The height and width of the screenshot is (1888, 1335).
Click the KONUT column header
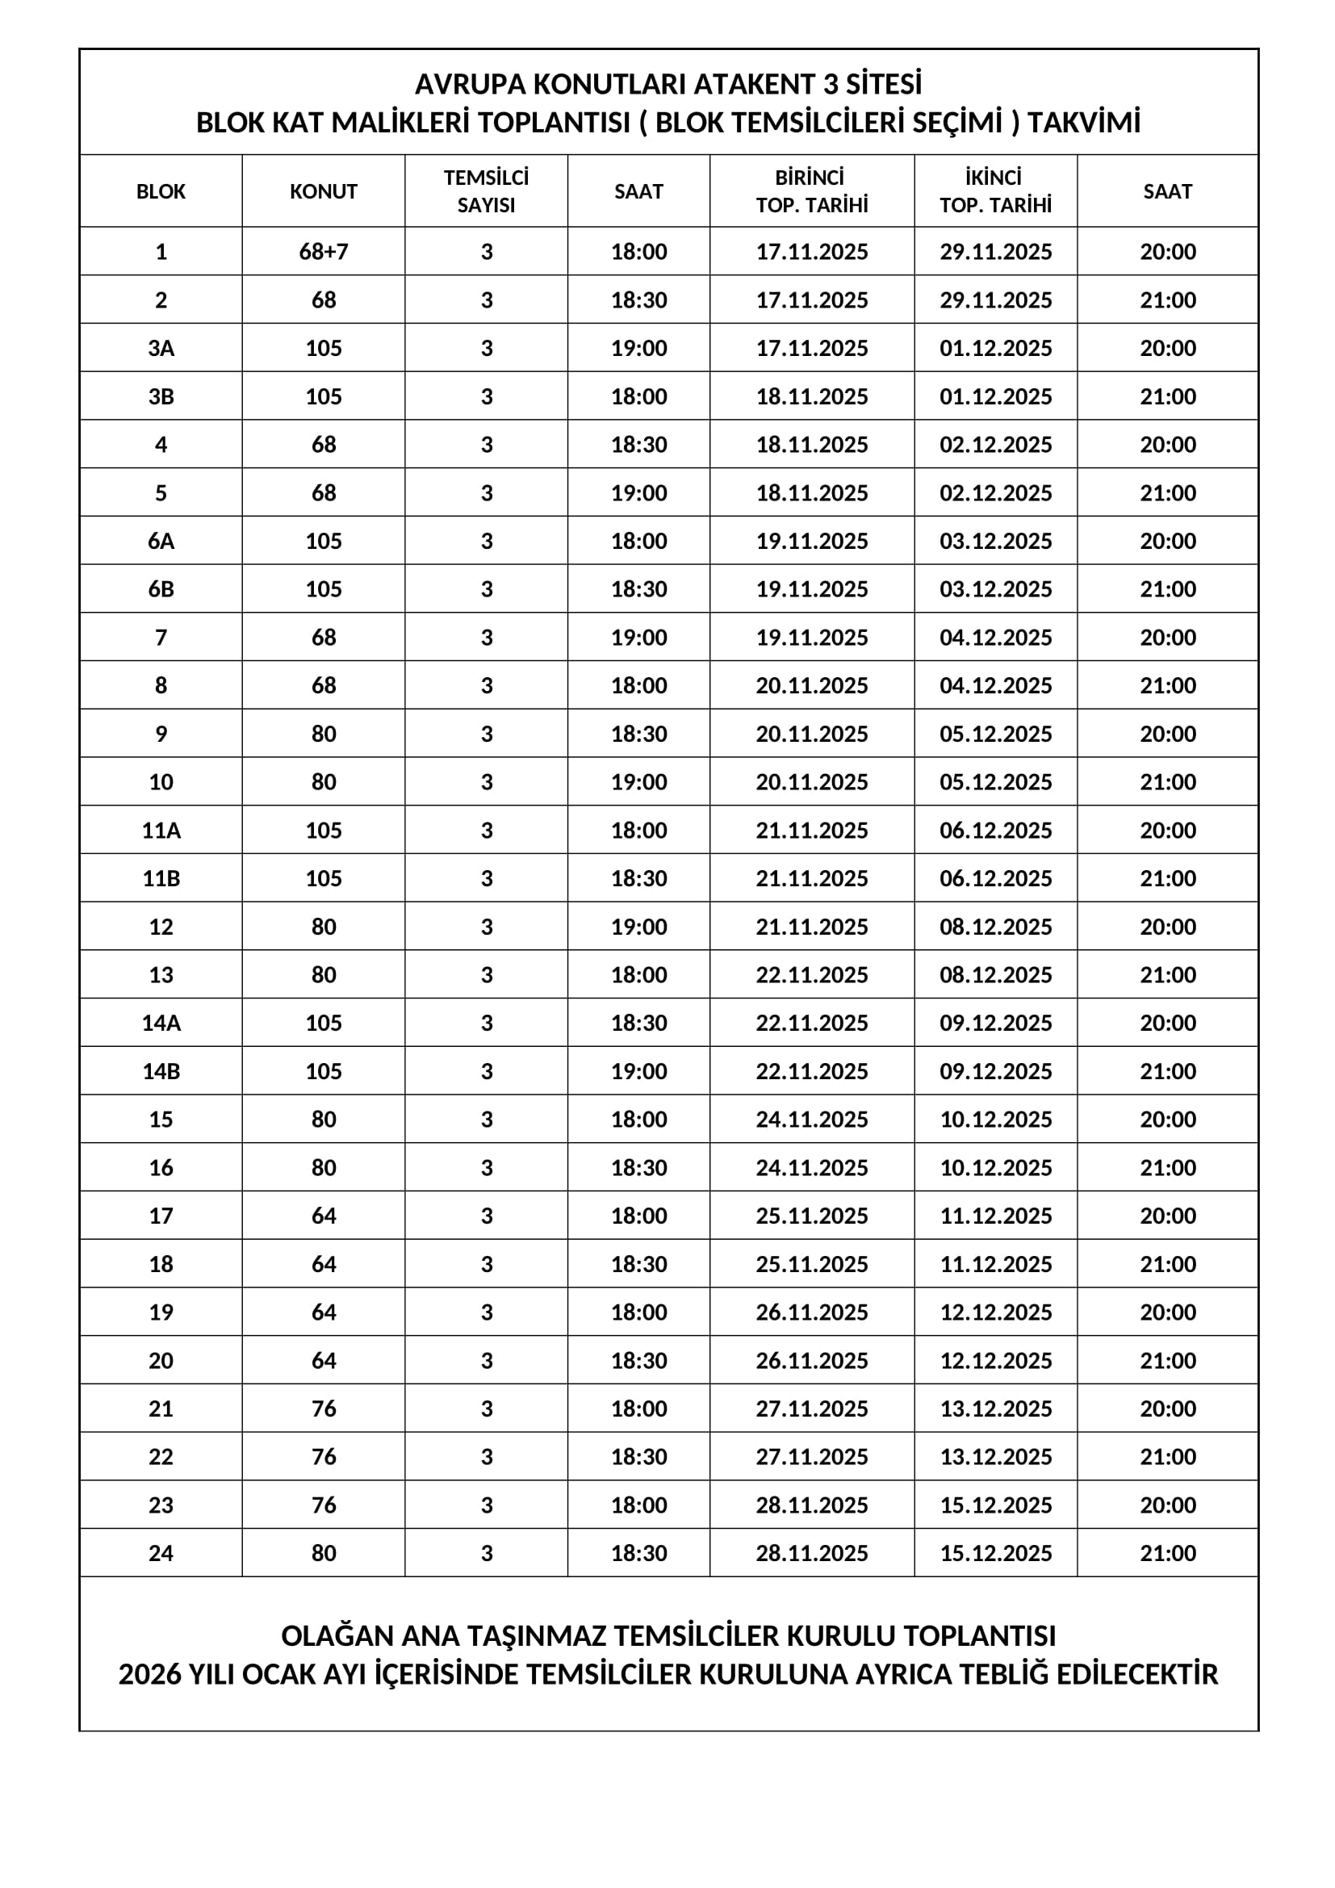pos(323,191)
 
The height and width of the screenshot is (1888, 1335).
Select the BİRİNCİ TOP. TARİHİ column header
pos(811,191)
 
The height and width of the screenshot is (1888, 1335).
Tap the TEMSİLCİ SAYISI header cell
pos(486,191)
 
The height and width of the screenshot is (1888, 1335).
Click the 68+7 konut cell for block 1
pos(323,252)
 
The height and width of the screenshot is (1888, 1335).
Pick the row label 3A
pos(161,349)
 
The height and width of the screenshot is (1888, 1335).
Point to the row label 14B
pos(161,1071)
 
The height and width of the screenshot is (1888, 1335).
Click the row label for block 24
pos(161,1553)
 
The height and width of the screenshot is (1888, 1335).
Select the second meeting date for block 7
pos(995,638)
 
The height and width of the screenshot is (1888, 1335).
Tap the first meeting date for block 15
pos(811,1119)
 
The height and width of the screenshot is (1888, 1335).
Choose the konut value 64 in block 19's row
pos(323,1312)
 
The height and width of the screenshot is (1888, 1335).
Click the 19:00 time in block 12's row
pos(638,927)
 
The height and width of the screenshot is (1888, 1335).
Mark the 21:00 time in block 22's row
pos(1167,1457)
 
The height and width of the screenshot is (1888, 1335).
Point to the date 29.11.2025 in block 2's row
pos(995,300)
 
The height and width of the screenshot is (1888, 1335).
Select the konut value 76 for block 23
pos(323,1505)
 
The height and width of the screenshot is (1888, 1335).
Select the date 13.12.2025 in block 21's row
pos(995,1409)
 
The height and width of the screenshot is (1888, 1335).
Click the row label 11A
pos(161,831)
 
